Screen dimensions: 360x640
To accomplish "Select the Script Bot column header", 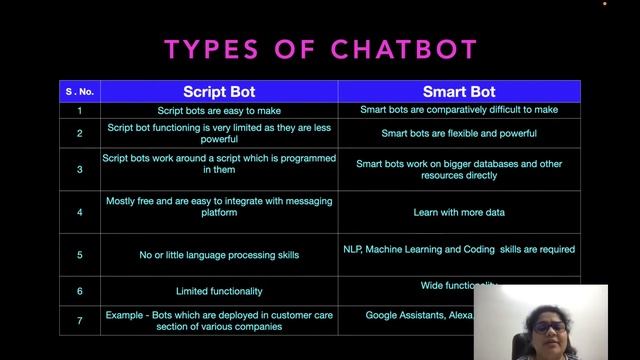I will coord(219,92).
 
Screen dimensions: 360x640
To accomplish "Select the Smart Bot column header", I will coord(459,92).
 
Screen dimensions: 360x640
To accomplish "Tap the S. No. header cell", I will coord(79,92).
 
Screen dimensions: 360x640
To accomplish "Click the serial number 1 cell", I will coord(79,110).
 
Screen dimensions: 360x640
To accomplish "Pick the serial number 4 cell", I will coord(79,212).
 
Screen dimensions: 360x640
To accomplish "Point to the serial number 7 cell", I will coord(79,320).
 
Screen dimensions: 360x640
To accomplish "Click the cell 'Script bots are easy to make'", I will coord(219,110).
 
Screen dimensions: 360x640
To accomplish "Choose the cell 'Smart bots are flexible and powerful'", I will coord(459,133).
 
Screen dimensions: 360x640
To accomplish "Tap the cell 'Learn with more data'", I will coord(459,212).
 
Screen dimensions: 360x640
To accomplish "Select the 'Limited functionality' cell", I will coord(219,291).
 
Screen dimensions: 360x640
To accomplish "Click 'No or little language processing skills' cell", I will coord(219,255).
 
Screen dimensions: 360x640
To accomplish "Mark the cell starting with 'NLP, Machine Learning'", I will coord(459,249).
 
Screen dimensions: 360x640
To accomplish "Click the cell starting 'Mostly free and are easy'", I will coord(219,207).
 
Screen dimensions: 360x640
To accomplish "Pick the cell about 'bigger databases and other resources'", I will coord(459,169).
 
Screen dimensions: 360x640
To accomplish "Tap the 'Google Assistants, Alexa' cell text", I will coord(418,315).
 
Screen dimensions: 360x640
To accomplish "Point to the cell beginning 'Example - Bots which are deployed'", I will coord(219,320).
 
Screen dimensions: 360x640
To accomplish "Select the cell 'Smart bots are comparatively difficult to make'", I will coord(459,110).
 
